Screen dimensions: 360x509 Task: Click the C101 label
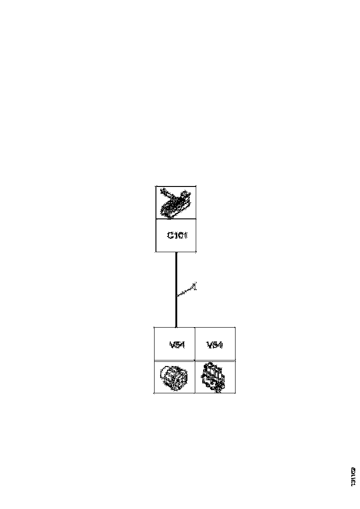pos(177,235)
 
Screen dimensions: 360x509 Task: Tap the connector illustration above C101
pos(175,202)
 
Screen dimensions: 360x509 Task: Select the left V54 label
pos(178,344)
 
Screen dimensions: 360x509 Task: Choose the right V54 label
pos(215,344)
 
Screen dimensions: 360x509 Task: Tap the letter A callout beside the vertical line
pos(195,286)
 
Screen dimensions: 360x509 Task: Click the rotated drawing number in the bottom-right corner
pos(353,476)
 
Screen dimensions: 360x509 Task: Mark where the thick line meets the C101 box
pos(176,253)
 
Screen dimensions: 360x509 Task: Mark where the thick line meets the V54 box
pos(176,327)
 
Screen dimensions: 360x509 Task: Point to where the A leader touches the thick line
pos(177,295)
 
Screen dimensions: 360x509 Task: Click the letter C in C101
pos(170,235)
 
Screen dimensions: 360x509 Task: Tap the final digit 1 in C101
pos(185,235)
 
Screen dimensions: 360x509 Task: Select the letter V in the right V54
pos(210,344)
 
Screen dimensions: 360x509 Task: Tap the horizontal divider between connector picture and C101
pos(175,219)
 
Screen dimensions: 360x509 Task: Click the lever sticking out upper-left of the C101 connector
pos(163,191)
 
